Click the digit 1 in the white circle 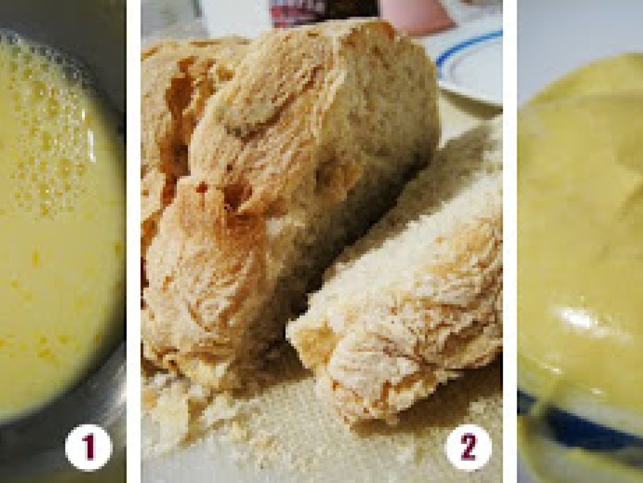click(x=89, y=447)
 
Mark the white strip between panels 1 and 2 click(x=133, y=241)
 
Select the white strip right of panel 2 click(x=510, y=241)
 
